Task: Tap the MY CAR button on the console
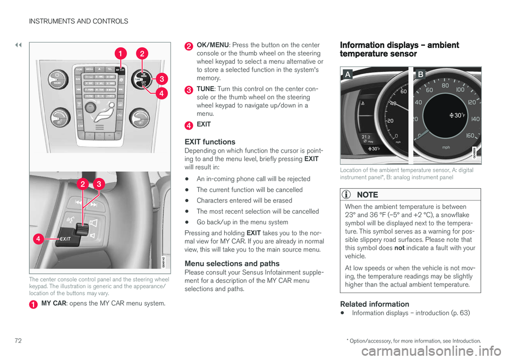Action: click(x=121, y=69)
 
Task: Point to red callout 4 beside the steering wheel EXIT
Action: click(x=38, y=240)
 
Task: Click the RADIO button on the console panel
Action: click(x=79, y=69)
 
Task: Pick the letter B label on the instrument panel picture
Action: click(x=420, y=76)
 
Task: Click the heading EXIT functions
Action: click(x=209, y=142)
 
